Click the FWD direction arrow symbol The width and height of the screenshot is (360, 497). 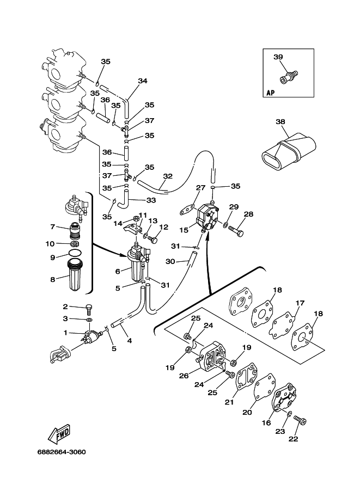coord(59,434)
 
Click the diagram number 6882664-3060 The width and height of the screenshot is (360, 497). coord(62,452)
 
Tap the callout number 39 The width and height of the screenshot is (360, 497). coord(278,57)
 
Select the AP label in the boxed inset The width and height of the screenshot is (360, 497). coord(270,93)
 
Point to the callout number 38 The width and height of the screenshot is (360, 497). coord(280,122)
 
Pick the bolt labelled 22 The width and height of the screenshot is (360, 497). coord(300,420)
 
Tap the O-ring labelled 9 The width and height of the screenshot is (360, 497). coord(75,252)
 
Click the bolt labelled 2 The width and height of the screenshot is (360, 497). coord(90,309)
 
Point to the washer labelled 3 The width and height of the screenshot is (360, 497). coord(89,320)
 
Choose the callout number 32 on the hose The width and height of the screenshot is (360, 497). coord(167,176)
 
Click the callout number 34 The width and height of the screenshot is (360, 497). coord(142,81)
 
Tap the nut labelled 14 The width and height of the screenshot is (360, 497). coord(135,218)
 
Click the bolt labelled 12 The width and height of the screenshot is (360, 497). coord(152,238)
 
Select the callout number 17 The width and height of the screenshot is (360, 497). coord(300,303)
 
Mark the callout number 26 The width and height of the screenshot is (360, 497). coord(184,376)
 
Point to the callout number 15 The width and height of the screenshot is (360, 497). coord(184,230)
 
